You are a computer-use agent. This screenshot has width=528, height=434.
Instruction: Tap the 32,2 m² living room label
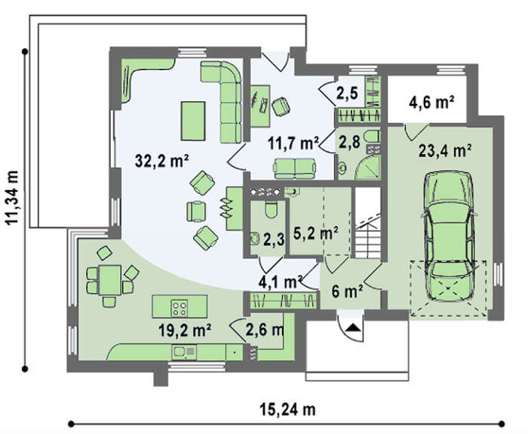coord(161,161)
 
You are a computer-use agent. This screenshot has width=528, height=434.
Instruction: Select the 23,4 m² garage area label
coord(444,151)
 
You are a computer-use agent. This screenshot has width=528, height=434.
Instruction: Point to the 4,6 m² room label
coord(431,102)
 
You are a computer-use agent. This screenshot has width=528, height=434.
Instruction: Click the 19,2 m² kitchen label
coord(185,331)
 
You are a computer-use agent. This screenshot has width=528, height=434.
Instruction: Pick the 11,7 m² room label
coord(293,143)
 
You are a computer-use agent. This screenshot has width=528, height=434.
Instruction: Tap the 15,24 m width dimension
coord(287,410)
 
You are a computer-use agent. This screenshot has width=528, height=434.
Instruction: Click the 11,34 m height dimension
coord(13,197)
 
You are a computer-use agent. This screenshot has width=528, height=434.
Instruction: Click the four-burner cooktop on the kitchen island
coord(179,308)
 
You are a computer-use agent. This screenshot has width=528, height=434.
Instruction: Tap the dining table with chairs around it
coord(110,281)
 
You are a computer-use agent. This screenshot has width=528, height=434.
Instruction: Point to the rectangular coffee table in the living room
coord(193,121)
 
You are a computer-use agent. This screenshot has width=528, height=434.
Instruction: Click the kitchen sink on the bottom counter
coord(184,352)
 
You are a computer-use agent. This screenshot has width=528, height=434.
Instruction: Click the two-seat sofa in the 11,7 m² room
coord(295,168)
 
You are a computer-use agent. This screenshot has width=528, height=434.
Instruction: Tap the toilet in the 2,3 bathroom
coord(271,210)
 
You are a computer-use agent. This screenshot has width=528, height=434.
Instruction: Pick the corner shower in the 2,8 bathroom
coord(368,167)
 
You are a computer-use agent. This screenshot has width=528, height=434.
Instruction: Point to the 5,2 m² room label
coord(315,232)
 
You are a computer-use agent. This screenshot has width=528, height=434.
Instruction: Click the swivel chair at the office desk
coord(281,106)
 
